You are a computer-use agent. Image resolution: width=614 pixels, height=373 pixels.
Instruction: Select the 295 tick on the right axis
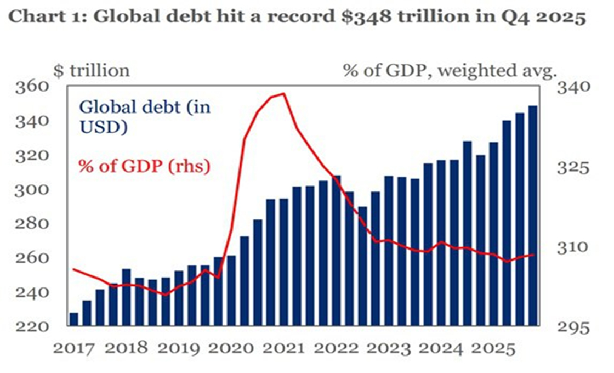tap(572, 327)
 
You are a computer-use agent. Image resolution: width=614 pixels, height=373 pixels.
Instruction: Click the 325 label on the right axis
tap(572, 167)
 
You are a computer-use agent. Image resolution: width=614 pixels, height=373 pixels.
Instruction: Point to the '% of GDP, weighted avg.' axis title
tap(450, 70)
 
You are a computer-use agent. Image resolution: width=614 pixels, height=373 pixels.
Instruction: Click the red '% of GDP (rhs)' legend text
tap(144, 166)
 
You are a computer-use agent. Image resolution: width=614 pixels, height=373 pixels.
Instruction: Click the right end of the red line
tap(533, 255)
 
